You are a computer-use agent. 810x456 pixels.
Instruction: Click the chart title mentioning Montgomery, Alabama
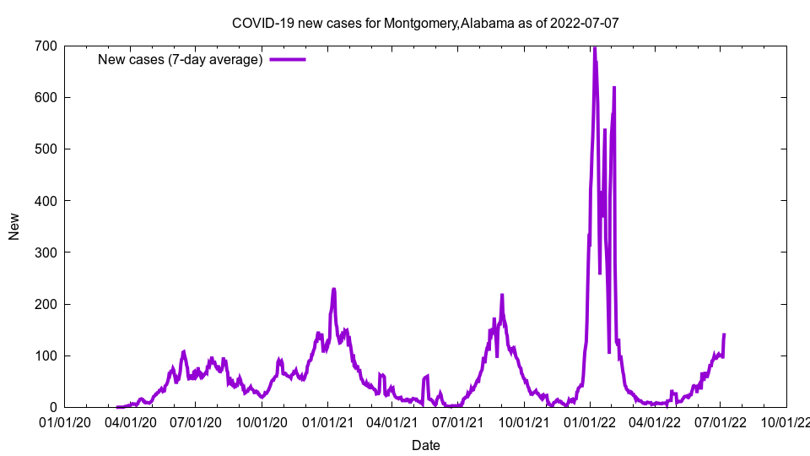point(425,23)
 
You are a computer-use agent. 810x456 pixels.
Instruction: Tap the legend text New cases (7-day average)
point(181,59)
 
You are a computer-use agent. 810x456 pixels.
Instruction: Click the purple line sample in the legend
point(287,59)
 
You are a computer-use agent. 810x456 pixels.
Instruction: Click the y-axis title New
point(14,226)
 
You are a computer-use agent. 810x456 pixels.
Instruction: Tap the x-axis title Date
point(425,445)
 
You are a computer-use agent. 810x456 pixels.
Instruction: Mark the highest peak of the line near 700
point(594,47)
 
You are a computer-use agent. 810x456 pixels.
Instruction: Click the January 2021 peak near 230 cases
point(334,290)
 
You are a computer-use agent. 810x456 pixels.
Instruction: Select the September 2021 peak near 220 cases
point(502,295)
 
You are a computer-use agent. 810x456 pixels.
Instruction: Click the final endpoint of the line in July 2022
point(724,334)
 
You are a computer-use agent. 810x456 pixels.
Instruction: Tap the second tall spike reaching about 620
point(614,87)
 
